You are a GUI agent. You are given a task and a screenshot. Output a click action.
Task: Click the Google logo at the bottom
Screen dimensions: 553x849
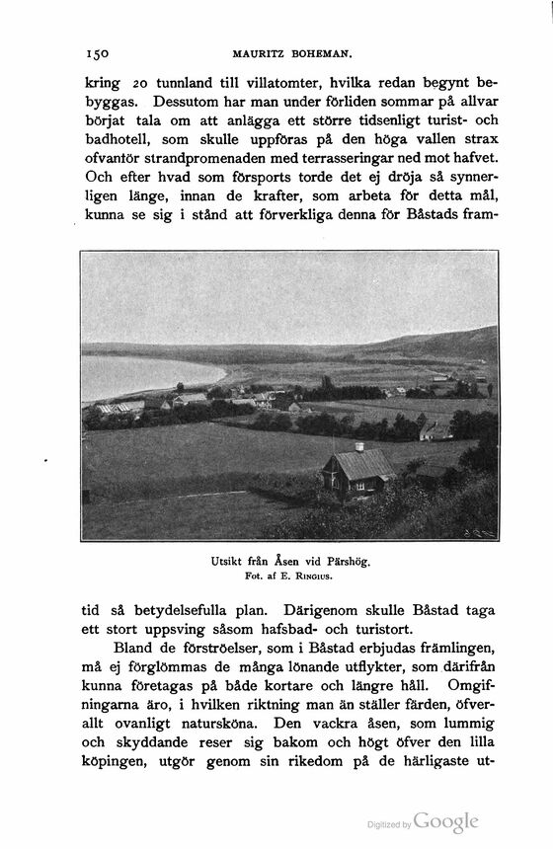pyautogui.click(x=446, y=821)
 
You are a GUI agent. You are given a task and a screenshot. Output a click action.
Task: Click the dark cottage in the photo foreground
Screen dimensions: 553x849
pyautogui.click(x=357, y=473)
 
